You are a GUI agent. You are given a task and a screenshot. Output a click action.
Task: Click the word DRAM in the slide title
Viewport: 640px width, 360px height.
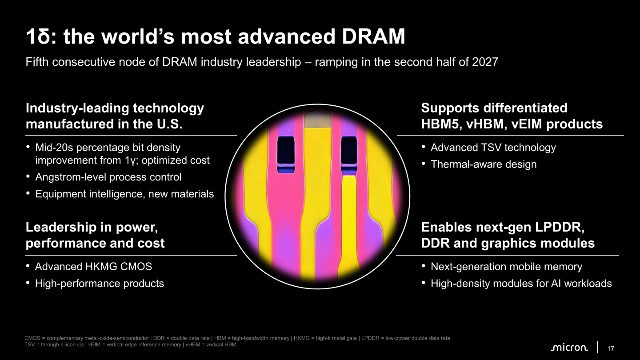373,36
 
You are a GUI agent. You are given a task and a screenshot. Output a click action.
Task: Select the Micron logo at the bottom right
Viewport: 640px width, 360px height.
569,348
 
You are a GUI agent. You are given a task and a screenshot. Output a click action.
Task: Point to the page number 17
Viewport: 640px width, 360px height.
611,348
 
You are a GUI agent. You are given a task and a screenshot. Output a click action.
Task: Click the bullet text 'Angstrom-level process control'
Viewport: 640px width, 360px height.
108,177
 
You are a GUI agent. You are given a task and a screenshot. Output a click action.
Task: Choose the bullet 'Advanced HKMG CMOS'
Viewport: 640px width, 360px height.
93,267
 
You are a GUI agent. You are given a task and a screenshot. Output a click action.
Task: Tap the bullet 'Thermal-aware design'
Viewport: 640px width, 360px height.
484,164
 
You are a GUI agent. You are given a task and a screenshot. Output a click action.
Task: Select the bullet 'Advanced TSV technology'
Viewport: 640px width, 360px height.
493,148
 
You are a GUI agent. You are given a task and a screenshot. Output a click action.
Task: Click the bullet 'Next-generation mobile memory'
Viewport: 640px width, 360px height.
506,267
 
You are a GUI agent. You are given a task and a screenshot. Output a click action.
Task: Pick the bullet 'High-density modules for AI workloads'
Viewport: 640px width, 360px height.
521,284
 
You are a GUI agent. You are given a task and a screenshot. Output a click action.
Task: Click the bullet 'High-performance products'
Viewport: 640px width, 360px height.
100,284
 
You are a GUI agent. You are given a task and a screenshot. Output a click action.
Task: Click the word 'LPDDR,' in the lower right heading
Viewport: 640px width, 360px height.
560,227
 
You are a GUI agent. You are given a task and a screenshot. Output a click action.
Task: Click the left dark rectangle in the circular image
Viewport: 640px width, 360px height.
286,152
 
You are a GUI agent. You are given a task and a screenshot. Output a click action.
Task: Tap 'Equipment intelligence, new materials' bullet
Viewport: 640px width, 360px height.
124,194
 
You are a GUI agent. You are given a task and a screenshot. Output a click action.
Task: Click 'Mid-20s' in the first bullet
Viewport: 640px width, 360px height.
54,148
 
